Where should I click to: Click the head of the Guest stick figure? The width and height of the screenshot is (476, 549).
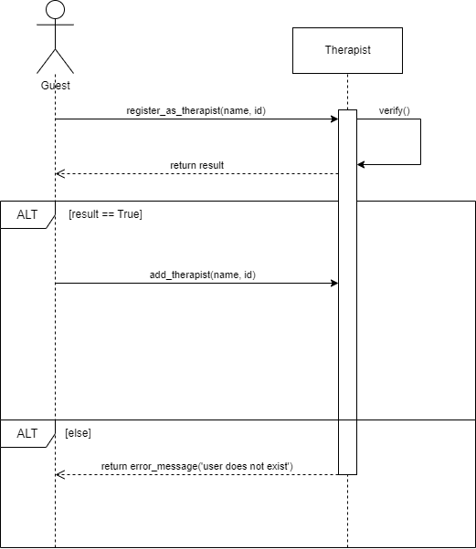(55, 10)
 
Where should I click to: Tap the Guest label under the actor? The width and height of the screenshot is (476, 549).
(55, 85)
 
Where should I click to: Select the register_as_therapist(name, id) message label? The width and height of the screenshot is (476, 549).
(196, 110)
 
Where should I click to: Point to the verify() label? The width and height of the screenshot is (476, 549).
(395, 110)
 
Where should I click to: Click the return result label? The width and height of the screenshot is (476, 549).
(196, 165)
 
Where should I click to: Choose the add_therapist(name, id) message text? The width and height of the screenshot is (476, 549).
(196, 274)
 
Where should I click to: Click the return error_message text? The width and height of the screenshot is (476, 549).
(196, 466)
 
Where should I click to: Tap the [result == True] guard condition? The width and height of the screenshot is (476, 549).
(105, 214)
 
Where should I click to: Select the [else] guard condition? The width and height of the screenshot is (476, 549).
(78, 432)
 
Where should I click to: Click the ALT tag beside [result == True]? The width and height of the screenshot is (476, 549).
(27, 214)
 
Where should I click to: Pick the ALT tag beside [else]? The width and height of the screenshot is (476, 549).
(27, 433)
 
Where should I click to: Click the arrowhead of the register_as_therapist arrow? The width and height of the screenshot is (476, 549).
(334, 119)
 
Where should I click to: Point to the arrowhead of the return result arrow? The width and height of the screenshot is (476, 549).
(59, 173)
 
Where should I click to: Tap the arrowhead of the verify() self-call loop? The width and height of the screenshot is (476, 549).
(361, 164)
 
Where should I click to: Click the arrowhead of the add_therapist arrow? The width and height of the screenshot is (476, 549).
(334, 283)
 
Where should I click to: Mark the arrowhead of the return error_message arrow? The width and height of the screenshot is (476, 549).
(59, 474)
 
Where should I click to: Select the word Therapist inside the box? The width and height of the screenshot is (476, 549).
(347, 50)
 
